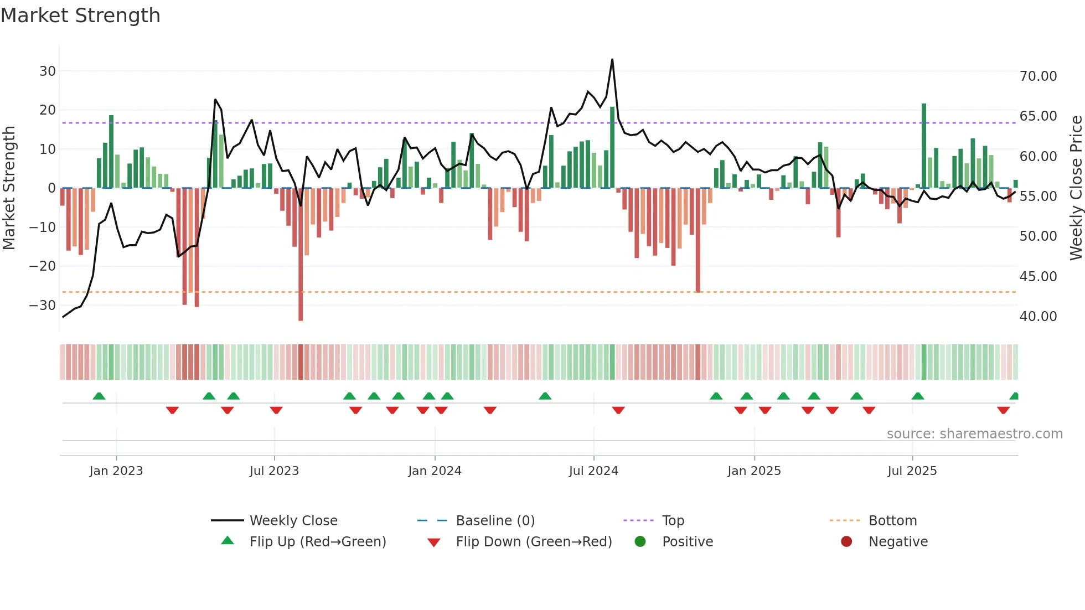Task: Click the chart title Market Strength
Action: click(80, 15)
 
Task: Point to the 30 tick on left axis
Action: click(48, 71)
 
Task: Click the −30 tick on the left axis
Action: click(43, 306)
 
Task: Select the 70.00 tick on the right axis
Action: click(1038, 76)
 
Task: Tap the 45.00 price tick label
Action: click(1038, 277)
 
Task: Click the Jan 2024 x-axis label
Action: click(435, 471)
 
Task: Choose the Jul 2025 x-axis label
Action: click(912, 471)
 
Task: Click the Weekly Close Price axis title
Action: click(1076, 188)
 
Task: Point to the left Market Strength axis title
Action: click(9, 188)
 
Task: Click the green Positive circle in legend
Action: click(640, 542)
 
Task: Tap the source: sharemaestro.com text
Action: click(974, 434)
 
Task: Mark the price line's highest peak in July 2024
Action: click(612, 59)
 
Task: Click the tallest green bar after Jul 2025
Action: click(924, 145)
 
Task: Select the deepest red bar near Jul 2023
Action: click(301, 255)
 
